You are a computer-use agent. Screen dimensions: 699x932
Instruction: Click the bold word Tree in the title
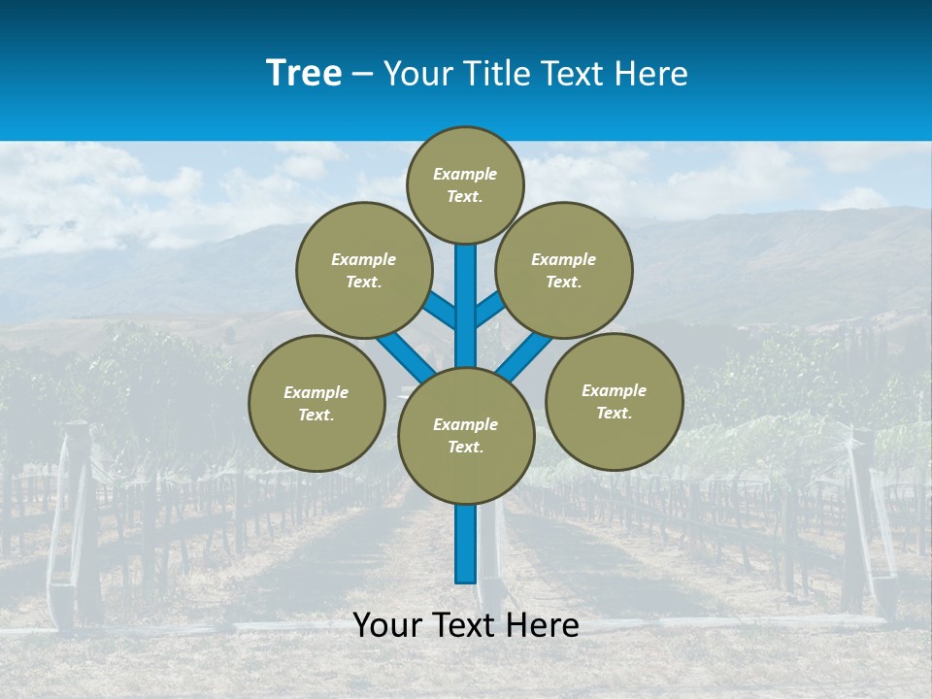pos(304,73)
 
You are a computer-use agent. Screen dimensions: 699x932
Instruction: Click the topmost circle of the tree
pos(465,184)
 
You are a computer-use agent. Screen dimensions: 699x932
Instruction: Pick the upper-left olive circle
pos(364,270)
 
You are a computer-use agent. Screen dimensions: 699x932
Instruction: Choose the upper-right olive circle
pos(564,270)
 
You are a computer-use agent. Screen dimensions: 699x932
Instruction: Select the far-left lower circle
pos(316,403)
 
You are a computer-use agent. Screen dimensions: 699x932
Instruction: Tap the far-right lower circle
pos(614,401)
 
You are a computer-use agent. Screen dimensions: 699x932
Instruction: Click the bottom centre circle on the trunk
pos(466,435)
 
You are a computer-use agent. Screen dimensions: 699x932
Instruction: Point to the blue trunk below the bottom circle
pos(466,544)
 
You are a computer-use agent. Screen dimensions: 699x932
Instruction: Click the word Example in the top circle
pos(465,174)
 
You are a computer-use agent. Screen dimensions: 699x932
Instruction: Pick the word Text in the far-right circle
pos(614,413)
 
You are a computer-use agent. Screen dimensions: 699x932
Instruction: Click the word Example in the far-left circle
pos(316,392)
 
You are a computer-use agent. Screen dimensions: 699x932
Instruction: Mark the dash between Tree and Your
pos(362,75)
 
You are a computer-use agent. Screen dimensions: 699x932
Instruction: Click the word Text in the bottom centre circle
pos(466,447)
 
